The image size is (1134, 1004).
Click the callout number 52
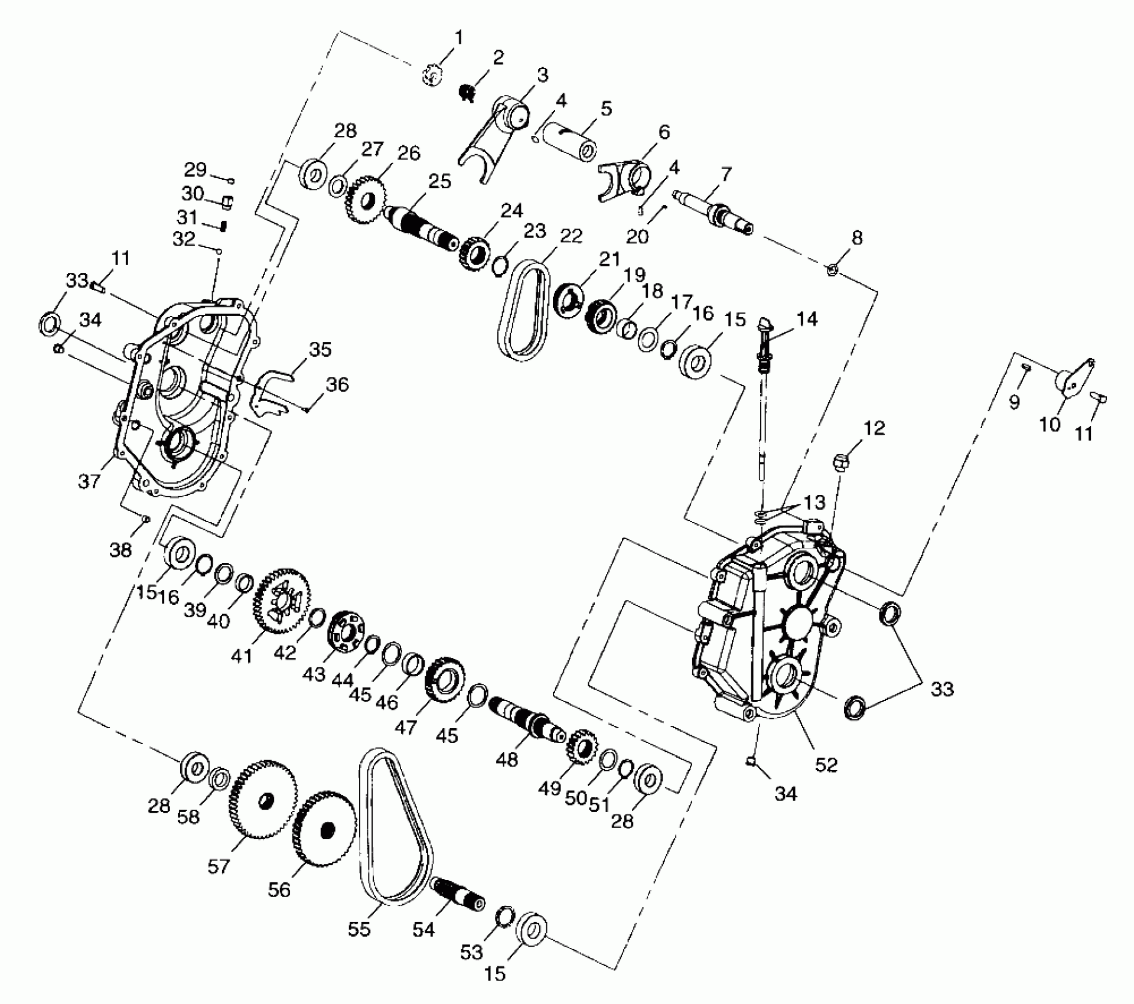[826, 764]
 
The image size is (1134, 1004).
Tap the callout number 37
[89, 481]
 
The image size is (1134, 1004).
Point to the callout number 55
[359, 928]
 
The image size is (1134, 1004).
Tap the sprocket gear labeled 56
[324, 829]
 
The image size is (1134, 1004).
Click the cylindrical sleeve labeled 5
[570, 139]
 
